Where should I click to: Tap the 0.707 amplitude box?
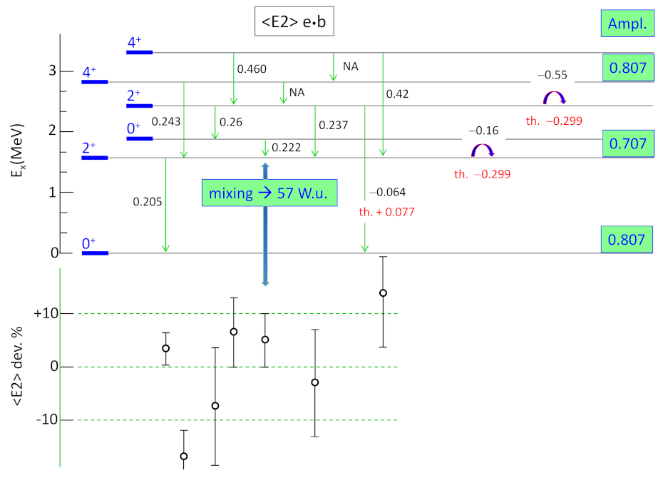point(628,143)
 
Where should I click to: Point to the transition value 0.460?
point(252,69)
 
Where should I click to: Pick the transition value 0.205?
point(148,202)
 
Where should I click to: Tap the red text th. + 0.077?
point(386,211)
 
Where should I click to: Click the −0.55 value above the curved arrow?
point(554,75)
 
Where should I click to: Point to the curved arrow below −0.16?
point(482,150)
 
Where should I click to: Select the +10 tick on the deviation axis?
point(46,313)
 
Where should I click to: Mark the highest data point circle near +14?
point(384,293)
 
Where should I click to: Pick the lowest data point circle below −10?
point(184,456)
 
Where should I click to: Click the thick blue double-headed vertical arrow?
point(265,224)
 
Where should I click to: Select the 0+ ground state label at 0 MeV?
point(88,243)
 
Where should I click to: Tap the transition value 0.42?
point(396,93)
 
